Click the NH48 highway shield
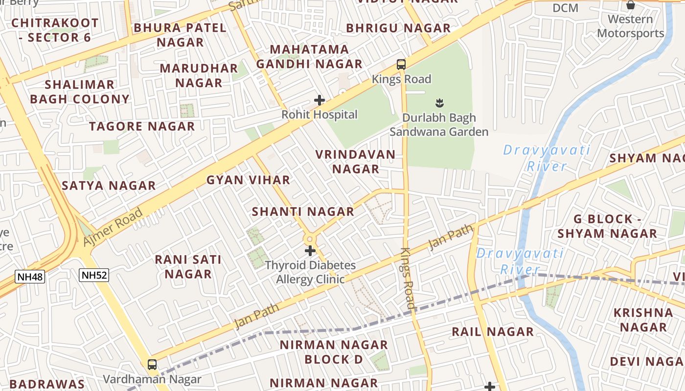tap(30, 277)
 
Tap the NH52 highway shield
tap(94, 275)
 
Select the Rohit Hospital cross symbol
tap(320, 101)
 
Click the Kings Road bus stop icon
tap(401, 64)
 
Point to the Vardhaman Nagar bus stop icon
tap(152, 365)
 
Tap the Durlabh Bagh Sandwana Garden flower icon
tap(439, 103)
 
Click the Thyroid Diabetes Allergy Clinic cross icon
tap(310, 251)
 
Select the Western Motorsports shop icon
tap(631, 5)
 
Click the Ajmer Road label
tap(113, 227)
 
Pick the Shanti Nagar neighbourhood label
tap(303, 212)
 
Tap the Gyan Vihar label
tap(248, 180)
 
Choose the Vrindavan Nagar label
tap(355, 162)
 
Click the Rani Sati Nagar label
tap(188, 266)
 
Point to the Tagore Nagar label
tap(142, 127)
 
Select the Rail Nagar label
tap(492, 332)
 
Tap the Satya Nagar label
tap(109, 186)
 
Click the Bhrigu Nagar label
tap(398, 28)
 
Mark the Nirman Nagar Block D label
tap(334, 352)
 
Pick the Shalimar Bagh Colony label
tap(79, 92)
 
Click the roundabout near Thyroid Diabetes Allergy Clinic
tap(309, 239)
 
